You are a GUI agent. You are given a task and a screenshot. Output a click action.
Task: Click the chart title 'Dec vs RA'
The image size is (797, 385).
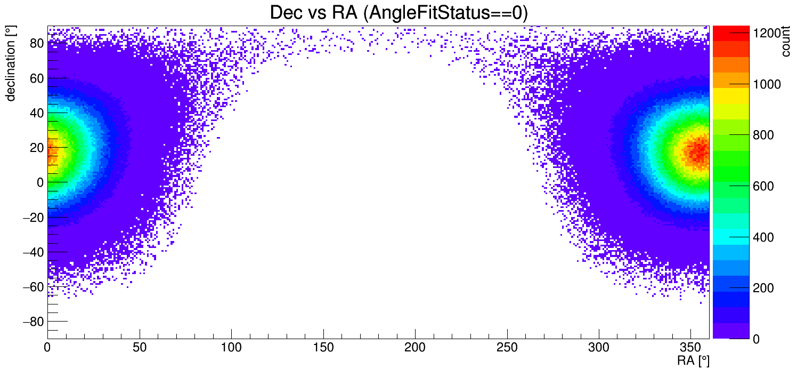[398, 13]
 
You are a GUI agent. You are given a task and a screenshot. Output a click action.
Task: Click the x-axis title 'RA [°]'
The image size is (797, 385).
[693, 361]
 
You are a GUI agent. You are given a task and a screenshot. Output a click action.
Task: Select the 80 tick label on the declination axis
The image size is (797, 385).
[36, 43]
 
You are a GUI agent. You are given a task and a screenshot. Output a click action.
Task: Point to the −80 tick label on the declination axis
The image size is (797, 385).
[32, 322]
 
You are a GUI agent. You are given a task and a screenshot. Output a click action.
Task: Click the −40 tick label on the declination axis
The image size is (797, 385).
[32, 252]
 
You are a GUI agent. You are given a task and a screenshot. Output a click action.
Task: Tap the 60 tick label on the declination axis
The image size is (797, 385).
[36, 78]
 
